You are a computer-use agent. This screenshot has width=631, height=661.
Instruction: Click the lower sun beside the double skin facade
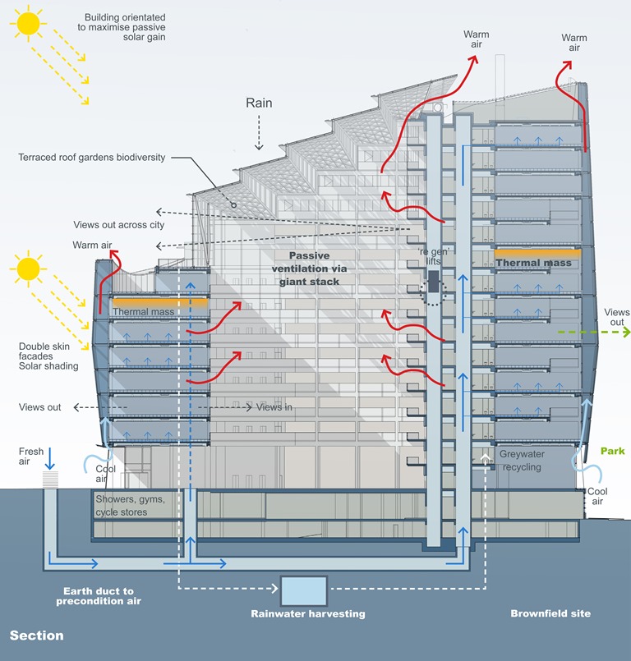[28, 268]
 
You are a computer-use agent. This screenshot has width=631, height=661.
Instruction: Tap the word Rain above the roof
[259, 103]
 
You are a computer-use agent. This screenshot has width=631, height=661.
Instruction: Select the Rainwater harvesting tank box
[303, 590]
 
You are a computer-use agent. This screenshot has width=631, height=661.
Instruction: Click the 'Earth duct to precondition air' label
[99, 595]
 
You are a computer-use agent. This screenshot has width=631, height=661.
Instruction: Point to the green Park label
[612, 451]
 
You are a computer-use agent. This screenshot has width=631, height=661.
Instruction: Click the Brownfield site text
[550, 613]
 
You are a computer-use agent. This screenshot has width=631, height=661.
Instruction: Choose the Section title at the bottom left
[36, 636]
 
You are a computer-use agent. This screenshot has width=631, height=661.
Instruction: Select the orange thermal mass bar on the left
[149, 301]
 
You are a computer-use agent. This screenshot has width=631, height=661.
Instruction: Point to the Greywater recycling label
[520, 460]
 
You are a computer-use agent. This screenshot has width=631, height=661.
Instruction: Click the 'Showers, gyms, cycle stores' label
[131, 506]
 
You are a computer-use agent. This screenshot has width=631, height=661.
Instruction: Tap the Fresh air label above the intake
[30, 457]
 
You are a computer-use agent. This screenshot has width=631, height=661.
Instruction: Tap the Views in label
[274, 407]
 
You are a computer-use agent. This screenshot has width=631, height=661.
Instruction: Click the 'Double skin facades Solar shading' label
[49, 360]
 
